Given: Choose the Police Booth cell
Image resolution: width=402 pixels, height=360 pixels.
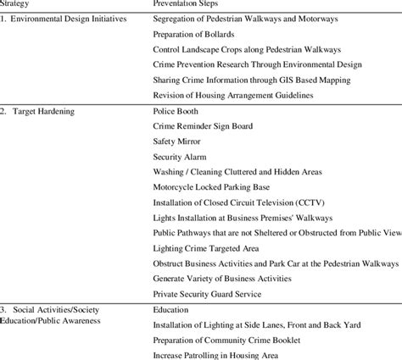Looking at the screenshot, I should click(x=176, y=111).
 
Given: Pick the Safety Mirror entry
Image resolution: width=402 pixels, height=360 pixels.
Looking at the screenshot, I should click(x=178, y=141).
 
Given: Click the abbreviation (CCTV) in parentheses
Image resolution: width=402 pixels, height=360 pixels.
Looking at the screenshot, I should click(x=294, y=202).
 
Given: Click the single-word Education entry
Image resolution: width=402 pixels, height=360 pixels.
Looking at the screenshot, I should click(x=172, y=310).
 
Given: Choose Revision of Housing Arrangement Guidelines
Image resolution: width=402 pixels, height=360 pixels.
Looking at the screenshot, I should click(x=233, y=95).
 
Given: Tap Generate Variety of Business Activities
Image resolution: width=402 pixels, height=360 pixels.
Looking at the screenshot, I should click(x=223, y=279).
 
